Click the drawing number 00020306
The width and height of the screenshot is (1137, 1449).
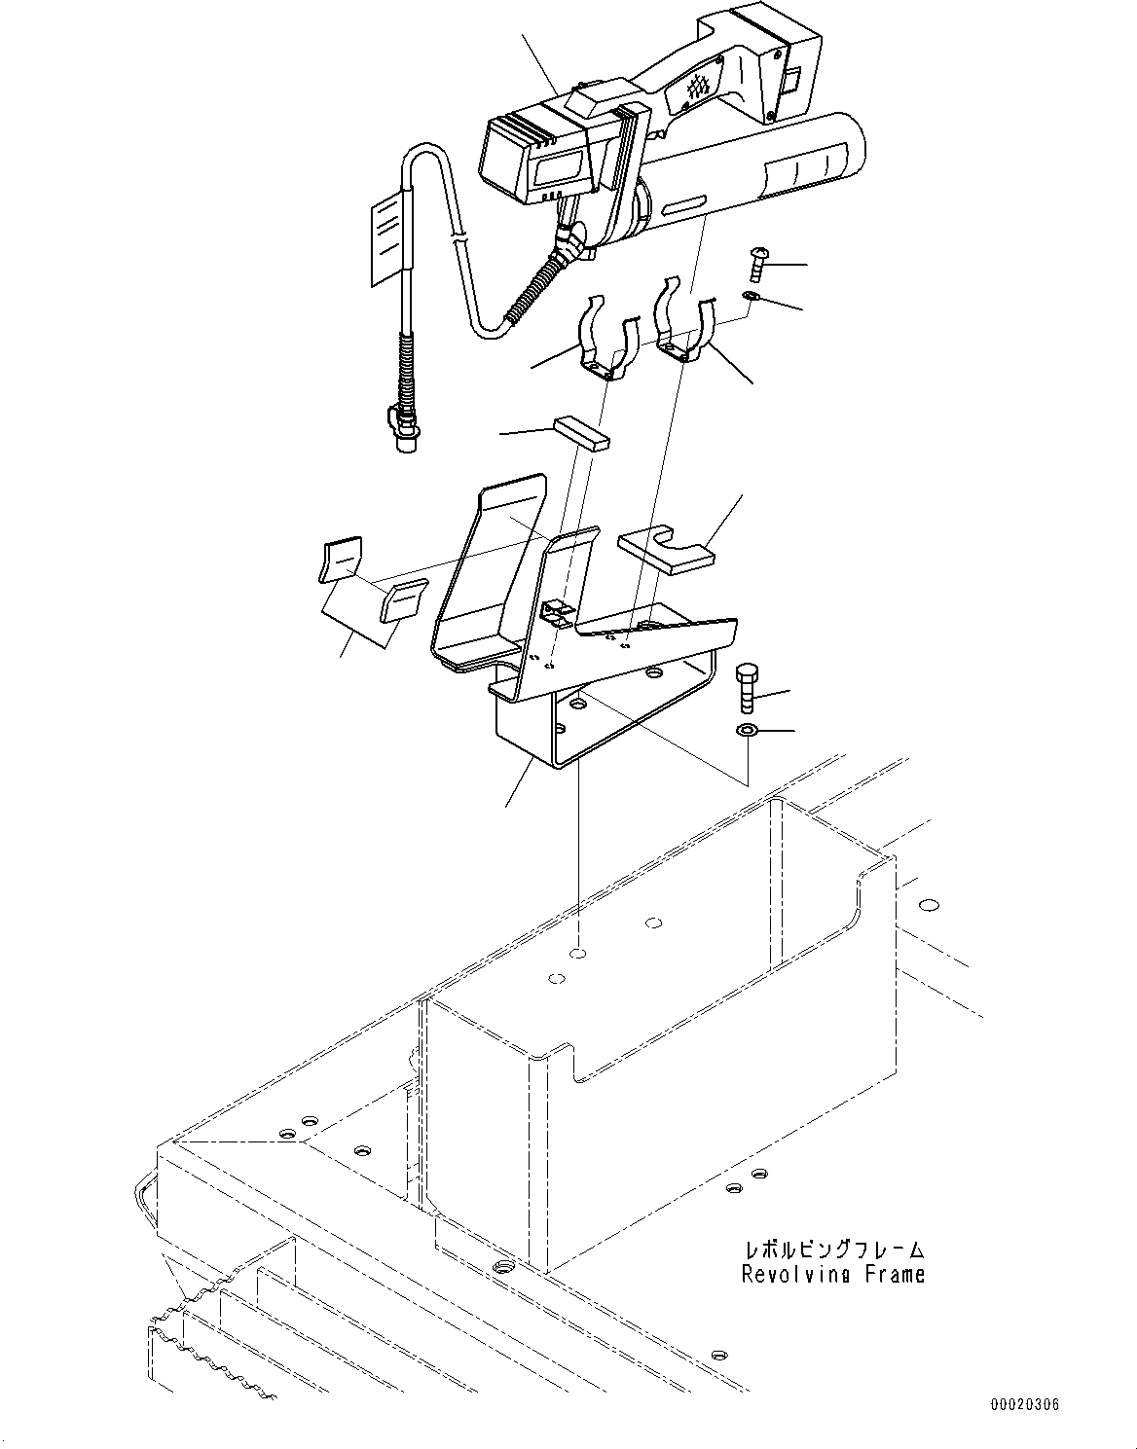click(1025, 1405)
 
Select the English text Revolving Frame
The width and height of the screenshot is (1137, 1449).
click(832, 1274)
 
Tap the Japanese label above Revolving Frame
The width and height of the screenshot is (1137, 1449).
click(833, 1250)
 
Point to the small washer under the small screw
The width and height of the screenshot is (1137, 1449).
click(751, 295)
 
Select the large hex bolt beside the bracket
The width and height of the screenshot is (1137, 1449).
click(748, 687)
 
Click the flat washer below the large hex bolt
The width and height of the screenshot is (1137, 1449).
click(747, 730)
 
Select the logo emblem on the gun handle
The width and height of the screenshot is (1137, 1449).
click(698, 88)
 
